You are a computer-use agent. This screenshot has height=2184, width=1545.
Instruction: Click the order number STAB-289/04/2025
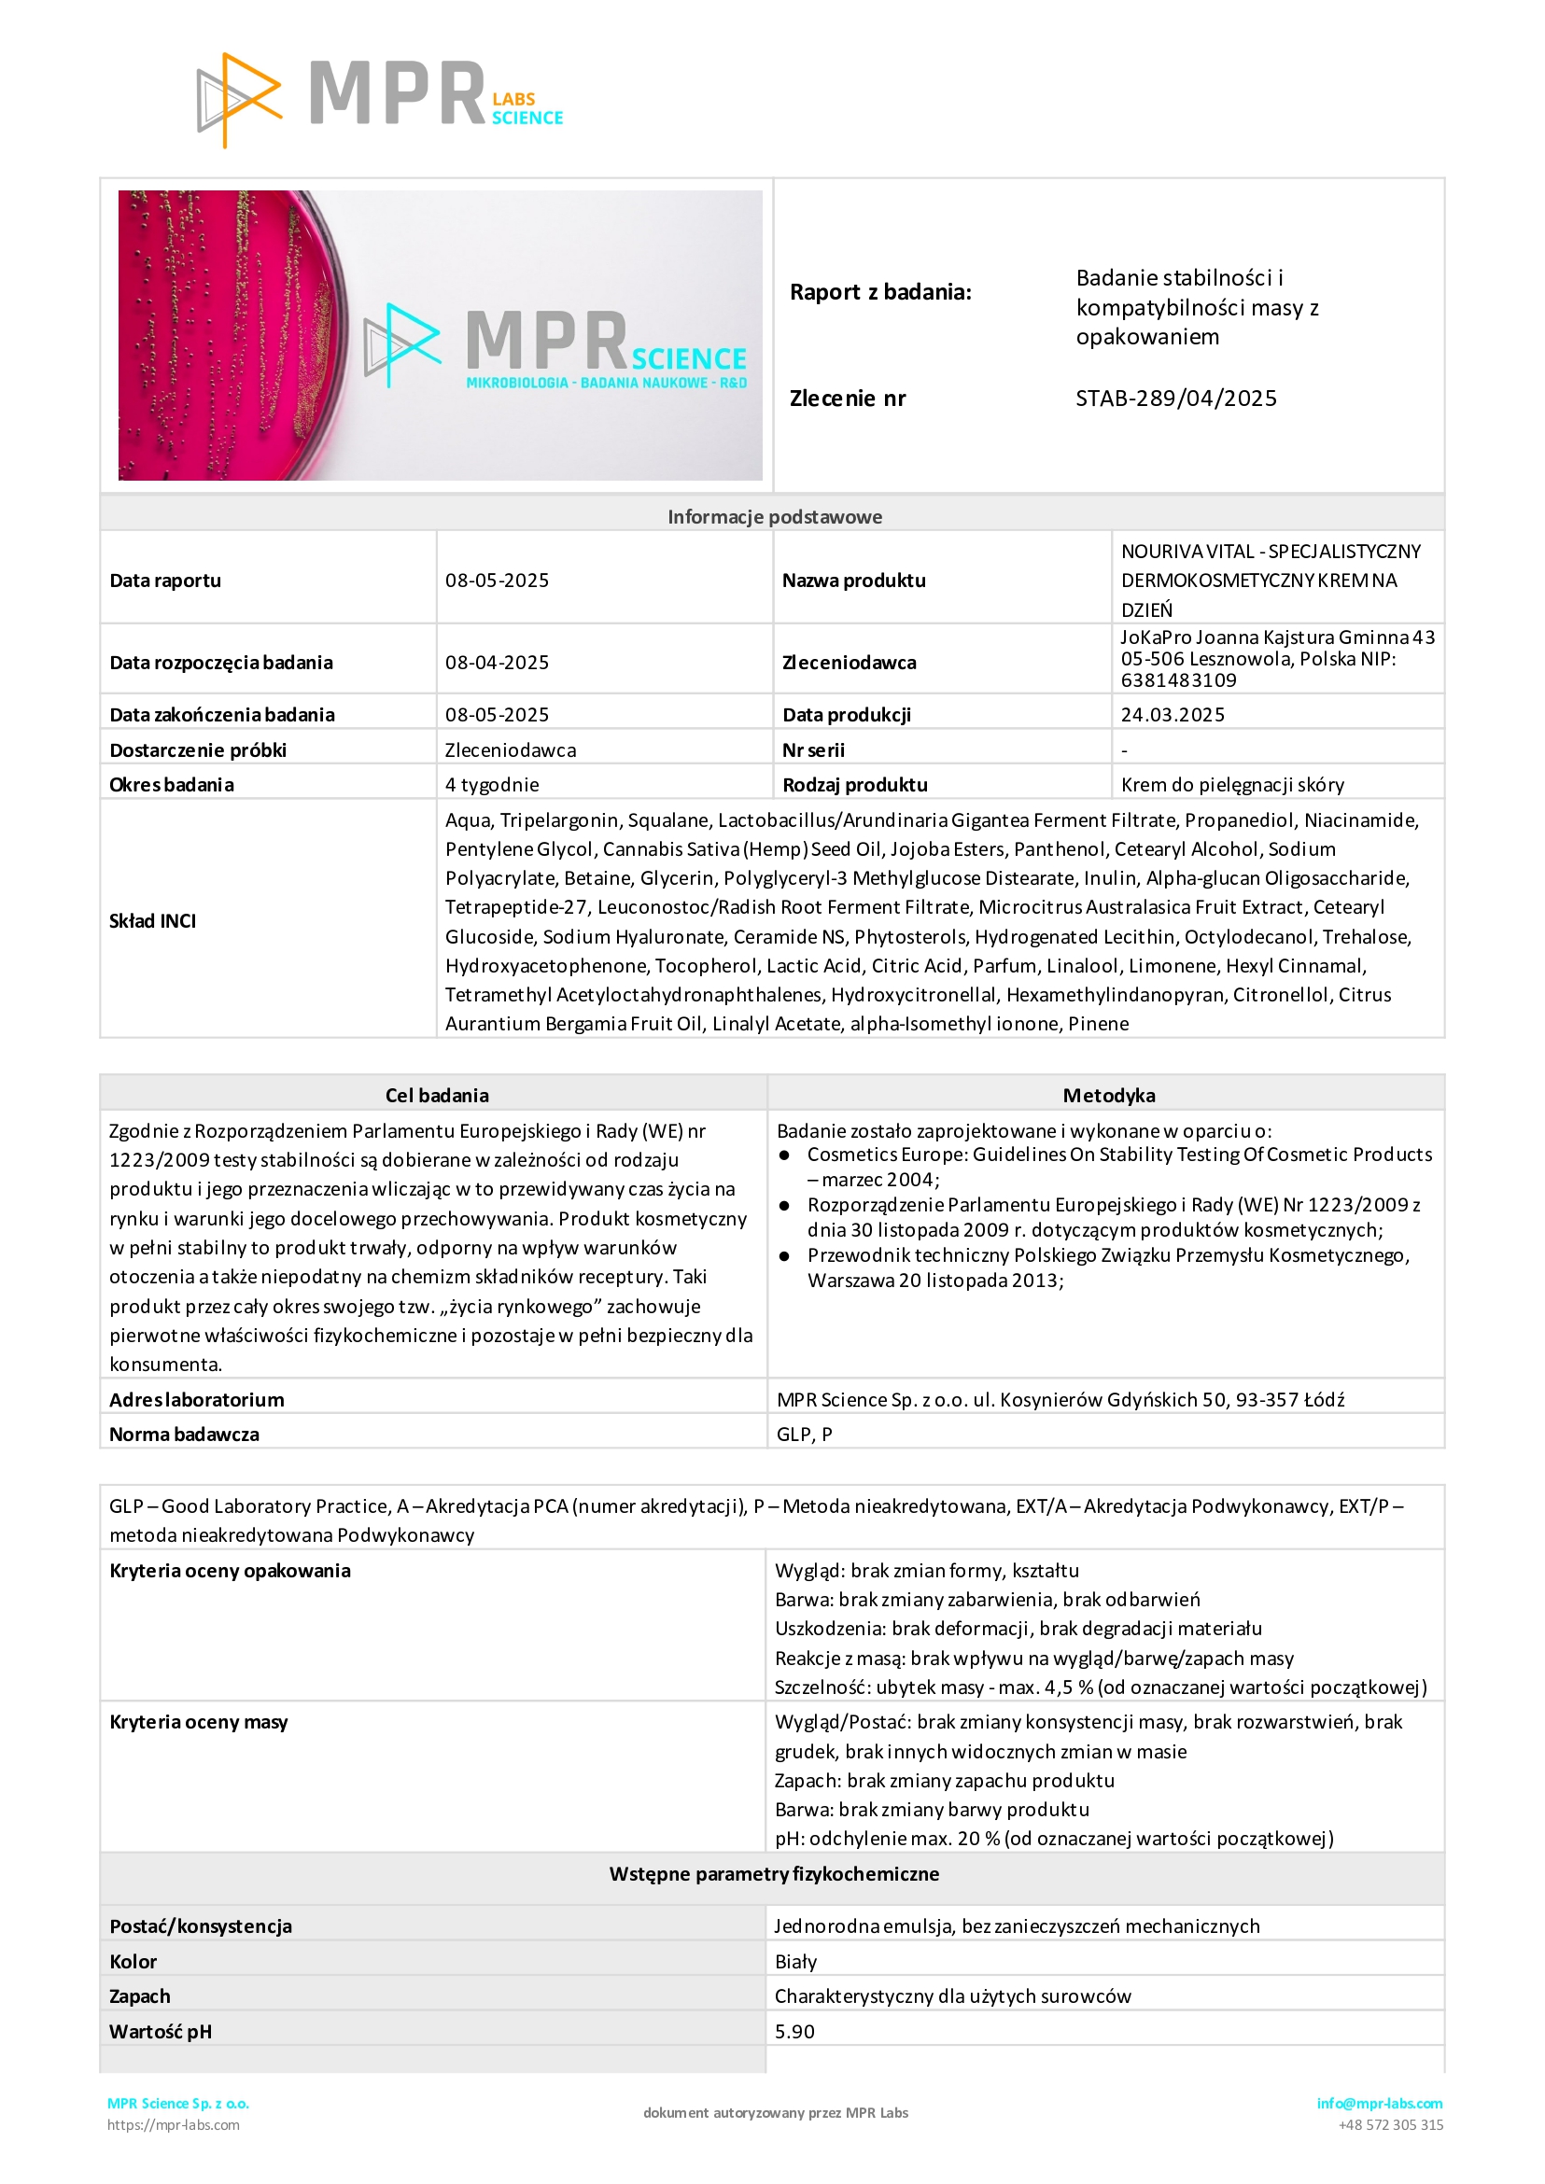tap(1176, 399)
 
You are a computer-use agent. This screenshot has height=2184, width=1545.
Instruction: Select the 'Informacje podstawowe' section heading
tap(775, 516)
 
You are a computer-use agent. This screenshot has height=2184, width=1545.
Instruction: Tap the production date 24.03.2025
tap(1173, 714)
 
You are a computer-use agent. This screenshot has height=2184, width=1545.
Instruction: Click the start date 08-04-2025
tap(497, 662)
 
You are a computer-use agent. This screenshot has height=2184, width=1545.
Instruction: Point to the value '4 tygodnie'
tap(492, 785)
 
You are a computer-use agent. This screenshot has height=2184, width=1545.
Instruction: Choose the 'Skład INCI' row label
tap(152, 921)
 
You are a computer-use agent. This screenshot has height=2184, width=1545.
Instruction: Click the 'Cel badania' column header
tap(437, 1095)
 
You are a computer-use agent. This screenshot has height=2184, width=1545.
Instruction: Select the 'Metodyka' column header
tap(1108, 1095)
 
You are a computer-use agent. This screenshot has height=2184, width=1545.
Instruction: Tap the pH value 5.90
tap(794, 2032)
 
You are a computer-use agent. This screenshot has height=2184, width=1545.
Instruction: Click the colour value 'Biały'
tap(795, 1962)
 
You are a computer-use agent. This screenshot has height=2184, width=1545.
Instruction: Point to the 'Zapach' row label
tap(140, 1995)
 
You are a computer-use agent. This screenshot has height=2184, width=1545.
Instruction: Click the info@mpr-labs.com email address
tap(1380, 2103)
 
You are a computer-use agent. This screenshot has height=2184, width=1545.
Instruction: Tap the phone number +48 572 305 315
tap(1390, 2125)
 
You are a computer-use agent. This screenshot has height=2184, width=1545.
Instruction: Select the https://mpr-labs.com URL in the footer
tap(173, 2125)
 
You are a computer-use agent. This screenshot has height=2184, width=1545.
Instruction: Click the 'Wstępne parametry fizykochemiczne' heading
tap(774, 1874)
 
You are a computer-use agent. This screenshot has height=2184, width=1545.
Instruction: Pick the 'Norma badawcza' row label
tap(184, 1435)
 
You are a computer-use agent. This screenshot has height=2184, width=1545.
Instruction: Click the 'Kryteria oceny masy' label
tap(198, 1722)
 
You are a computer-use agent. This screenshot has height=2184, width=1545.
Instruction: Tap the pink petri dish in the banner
tap(229, 335)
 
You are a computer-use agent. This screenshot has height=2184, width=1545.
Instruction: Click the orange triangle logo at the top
tap(239, 99)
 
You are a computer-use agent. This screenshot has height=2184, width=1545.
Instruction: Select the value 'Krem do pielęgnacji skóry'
tap(1232, 785)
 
